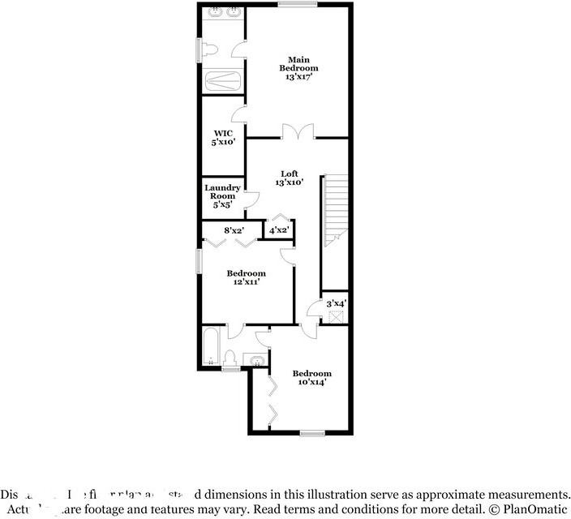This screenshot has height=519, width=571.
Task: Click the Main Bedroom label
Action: point(299,63)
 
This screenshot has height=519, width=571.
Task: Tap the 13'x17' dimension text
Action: point(299,77)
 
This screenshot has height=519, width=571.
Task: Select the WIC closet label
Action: point(223,133)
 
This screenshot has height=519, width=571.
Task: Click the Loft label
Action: point(290,174)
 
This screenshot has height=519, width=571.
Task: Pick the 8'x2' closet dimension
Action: point(235,230)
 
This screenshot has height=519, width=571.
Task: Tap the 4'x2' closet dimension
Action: point(279,230)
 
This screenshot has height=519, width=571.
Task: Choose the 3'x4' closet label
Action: point(336,303)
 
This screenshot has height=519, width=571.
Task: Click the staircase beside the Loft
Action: point(335,211)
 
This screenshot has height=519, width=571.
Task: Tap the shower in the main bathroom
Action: point(221,81)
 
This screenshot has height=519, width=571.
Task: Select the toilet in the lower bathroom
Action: point(230,358)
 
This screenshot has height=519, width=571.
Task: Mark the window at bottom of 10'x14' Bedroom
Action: point(312,433)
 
